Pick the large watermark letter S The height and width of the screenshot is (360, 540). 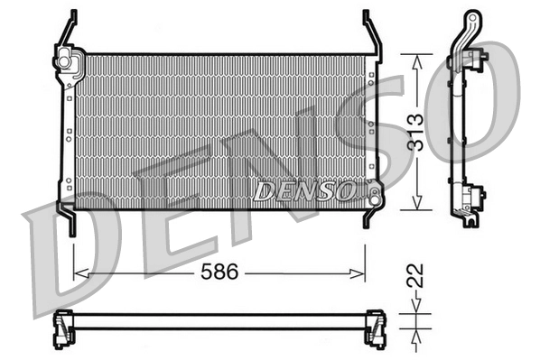coord(361,135)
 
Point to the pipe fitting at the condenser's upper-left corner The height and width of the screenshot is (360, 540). coord(66,61)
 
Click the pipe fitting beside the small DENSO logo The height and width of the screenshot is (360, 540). coord(369,189)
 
